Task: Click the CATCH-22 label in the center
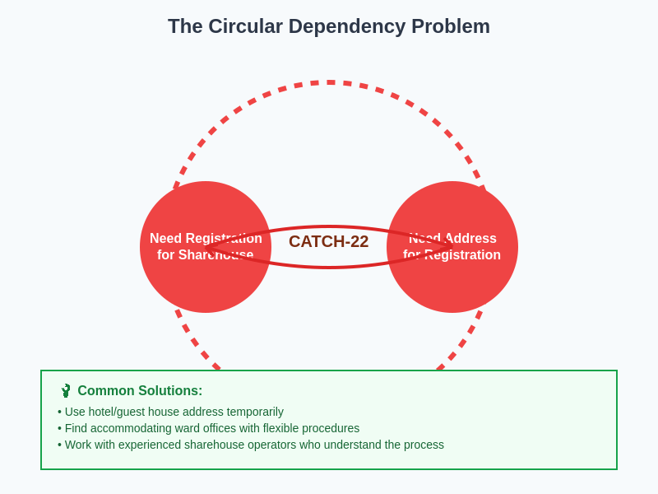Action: pyautogui.click(x=328, y=241)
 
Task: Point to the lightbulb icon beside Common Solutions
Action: pyautogui.click(x=66, y=390)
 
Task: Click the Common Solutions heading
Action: pyautogui.click(x=140, y=391)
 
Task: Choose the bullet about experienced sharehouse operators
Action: pyautogui.click(x=251, y=445)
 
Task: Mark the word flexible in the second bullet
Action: pyautogui.click(x=283, y=428)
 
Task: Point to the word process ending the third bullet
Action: pyautogui.click(x=422, y=445)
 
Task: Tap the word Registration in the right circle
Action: pyautogui.click(x=462, y=255)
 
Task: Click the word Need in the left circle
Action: pyautogui.click(x=165, y=239)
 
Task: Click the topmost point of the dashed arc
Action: pyautogui.click(x=329, y=82)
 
